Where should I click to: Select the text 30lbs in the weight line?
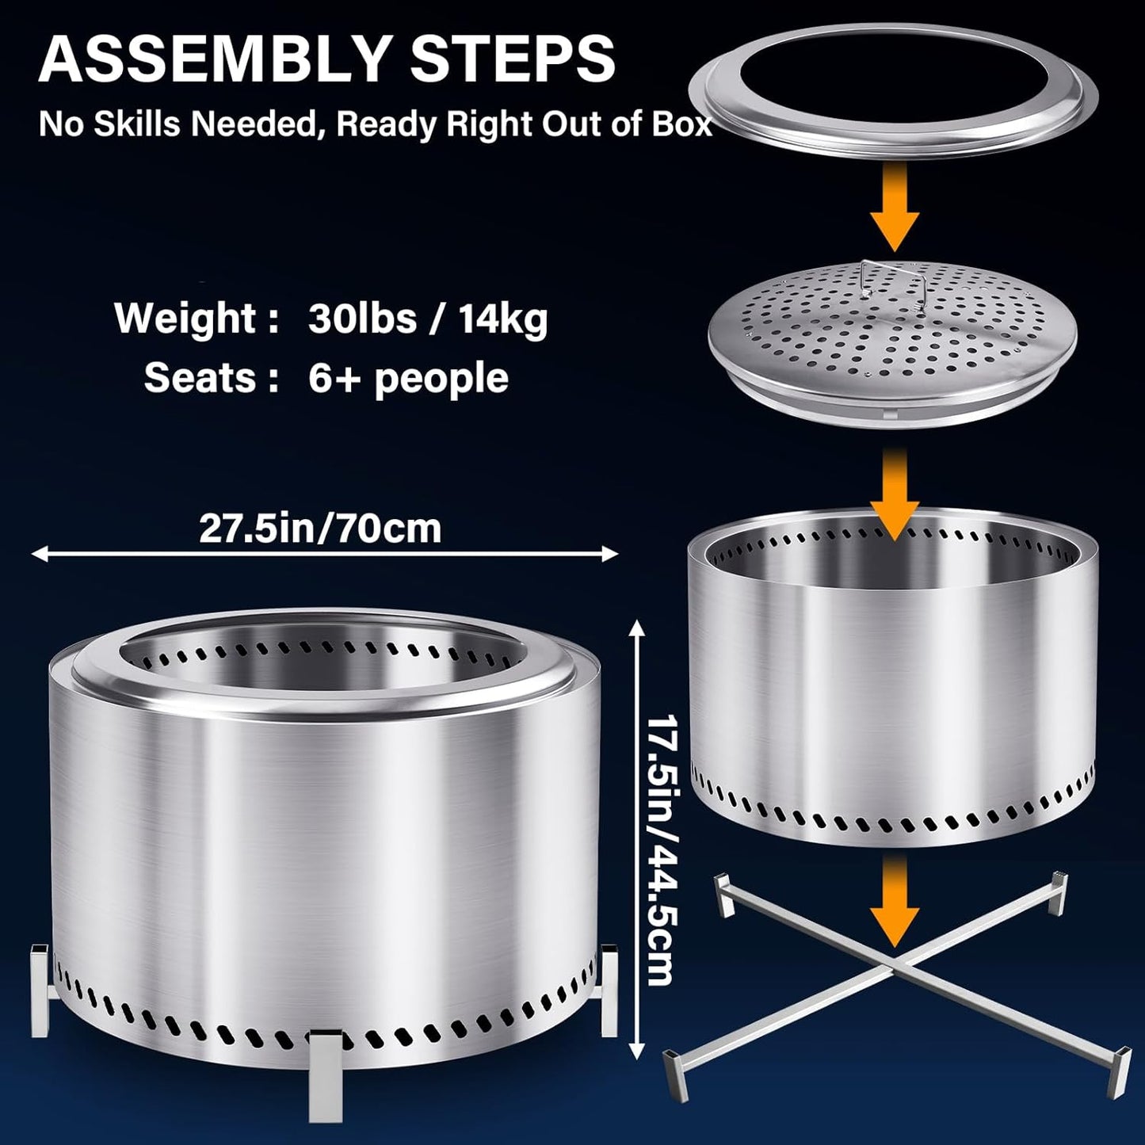[x=362, y=319]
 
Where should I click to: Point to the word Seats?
[x=200, y=378]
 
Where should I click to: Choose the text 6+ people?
[x=408, y=379]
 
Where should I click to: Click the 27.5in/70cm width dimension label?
[x=320, y=529]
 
